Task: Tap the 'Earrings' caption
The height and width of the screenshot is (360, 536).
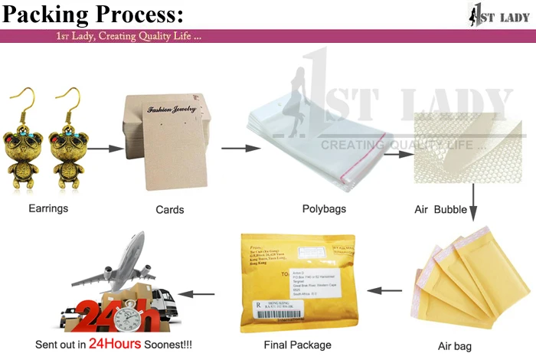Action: [48, 208]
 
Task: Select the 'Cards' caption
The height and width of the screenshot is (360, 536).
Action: [169, 209]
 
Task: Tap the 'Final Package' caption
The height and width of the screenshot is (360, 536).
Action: [298, 345]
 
